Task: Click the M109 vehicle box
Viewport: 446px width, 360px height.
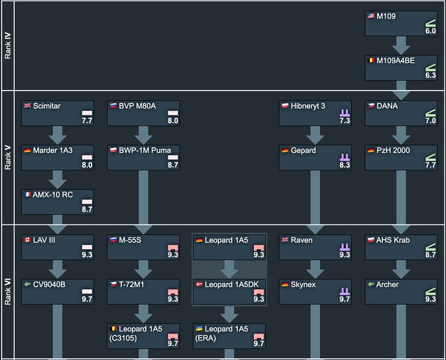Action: click(x=401, y=23)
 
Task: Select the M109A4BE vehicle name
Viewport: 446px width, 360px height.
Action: click(x=395, y=61)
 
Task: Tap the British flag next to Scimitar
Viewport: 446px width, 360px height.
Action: click(x=27, y=105)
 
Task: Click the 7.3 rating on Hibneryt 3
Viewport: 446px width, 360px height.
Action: click(x=344, y=121)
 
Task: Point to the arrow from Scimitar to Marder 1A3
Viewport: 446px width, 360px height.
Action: click(x=58, y=136)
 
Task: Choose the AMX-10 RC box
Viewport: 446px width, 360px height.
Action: click(x=58, y=202)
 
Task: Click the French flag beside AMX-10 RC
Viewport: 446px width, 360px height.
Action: click(x=27, y=195)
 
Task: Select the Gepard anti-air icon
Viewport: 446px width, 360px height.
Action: click(x=344, y=157)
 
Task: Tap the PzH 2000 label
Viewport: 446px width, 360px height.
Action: click(x=393, y=151)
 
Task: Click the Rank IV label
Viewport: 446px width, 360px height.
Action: click(x=8, y=46)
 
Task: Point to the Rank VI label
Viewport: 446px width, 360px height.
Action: click(x=8, y=292)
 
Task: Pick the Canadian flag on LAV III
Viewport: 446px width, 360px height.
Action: click(x=27, y=240)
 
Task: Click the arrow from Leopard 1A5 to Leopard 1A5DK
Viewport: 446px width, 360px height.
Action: click(x=230, y=270)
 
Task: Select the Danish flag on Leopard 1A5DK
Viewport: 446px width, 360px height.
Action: click(x=199, y=284)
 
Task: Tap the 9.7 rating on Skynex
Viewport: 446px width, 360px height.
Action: click(x=344, y=299)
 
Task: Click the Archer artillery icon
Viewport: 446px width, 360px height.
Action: click(x=431, y=292)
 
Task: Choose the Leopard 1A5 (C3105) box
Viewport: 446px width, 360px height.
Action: click(x=143, y=336)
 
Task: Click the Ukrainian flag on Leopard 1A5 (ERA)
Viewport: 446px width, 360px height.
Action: click(x=199, y=328)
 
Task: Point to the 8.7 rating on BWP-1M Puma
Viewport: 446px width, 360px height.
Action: click(x=172, y=165)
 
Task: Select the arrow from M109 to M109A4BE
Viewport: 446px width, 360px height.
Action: click(x=401, y=46)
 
